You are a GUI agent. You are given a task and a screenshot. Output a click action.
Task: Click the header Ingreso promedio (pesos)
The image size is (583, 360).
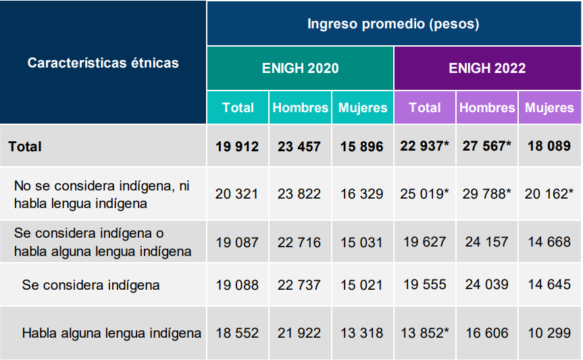(393, 24)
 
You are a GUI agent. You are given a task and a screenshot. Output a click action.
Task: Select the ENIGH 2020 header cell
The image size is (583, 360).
(300, 68)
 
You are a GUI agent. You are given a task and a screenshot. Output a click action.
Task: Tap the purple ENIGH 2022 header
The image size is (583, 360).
(487, 68)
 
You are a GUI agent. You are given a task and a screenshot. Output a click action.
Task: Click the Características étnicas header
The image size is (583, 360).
(103, 63)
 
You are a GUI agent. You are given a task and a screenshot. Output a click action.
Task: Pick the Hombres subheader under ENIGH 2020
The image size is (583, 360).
(300, 107)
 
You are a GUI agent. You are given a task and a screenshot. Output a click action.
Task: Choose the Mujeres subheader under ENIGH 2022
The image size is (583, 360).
(549, 107)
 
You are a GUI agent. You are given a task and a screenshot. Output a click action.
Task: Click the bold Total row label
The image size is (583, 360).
(25, 147)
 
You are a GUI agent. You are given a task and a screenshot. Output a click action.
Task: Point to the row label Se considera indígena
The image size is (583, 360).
(91, 285)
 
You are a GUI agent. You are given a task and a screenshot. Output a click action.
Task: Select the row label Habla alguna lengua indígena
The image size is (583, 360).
(111, 333)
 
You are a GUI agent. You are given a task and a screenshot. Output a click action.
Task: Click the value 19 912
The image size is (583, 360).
(237, 147)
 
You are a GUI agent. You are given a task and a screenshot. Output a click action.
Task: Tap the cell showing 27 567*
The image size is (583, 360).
(487, 147)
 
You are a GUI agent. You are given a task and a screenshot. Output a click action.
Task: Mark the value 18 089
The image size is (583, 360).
(549, 147)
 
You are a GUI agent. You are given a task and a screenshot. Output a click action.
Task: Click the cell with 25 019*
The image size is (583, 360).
(425, 194)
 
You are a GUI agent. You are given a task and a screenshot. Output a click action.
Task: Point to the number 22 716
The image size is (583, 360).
(299, 242)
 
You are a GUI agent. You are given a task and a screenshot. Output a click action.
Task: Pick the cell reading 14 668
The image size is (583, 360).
(549, 242)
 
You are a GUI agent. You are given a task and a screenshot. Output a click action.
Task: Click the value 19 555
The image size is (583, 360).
(425, 285)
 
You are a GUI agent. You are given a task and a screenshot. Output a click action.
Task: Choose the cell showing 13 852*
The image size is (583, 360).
(425, 333)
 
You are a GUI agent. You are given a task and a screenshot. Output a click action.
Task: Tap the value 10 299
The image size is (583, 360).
(549, 333)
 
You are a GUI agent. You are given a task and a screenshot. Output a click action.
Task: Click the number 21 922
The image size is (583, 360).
(299, 333)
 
